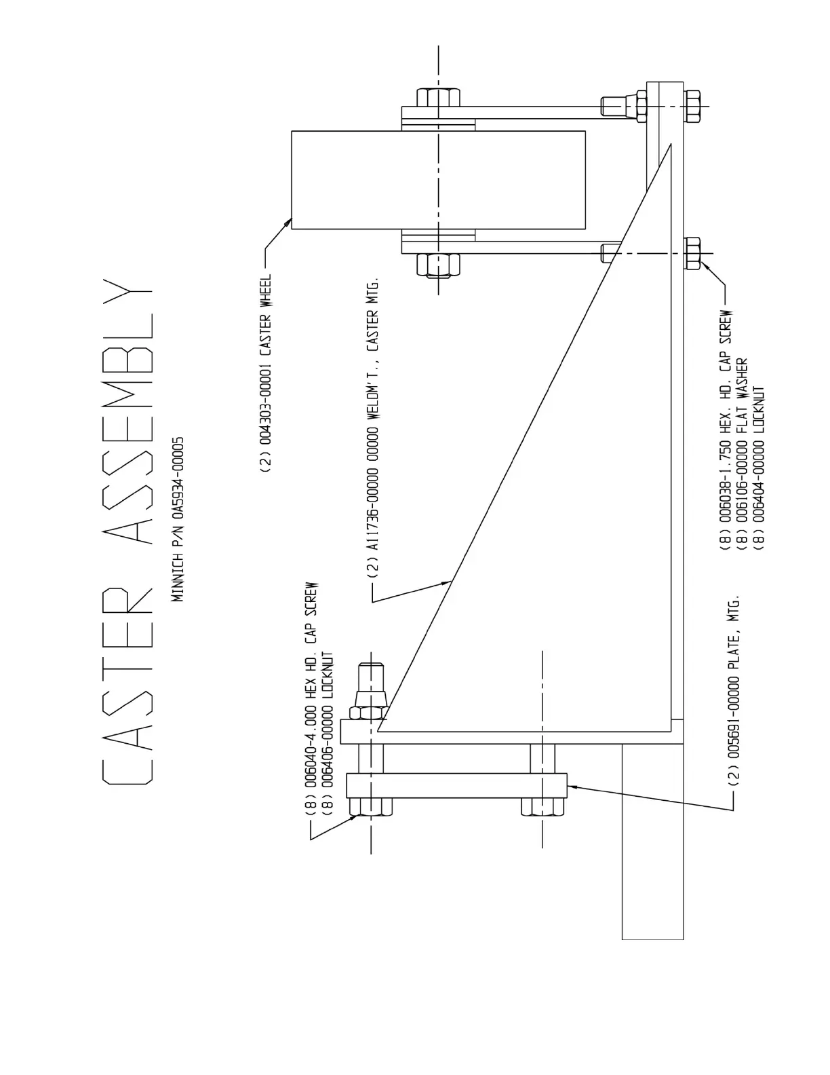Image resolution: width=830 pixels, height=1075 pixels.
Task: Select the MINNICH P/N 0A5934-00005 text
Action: click(x=178, y=519)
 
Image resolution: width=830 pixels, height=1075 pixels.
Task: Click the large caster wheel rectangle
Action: click(x=438, y=180)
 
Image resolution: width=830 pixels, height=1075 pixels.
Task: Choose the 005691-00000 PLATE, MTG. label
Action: click(x=733, y=693)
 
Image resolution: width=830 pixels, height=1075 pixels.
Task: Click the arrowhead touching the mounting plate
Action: click(x=571, y=787)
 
